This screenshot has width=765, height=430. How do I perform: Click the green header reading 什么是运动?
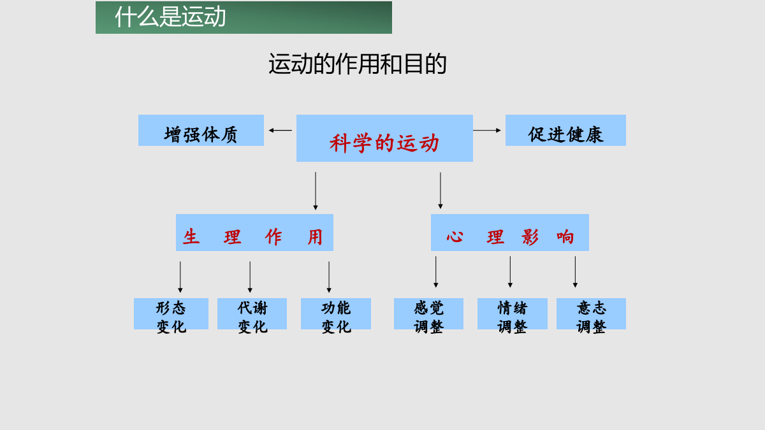point(244,17)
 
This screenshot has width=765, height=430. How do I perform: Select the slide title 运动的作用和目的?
point(358,64)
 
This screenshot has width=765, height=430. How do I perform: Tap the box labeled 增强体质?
point(201,131)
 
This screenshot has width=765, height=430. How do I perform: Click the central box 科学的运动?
point(384,138)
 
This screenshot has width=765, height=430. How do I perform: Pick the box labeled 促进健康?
point(565,131)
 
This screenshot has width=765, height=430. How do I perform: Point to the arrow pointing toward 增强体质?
point(280,131)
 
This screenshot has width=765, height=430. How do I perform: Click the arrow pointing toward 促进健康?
point(487,131)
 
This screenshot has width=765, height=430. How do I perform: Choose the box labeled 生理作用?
point(254,233)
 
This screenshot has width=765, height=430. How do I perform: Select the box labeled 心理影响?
point(510,233)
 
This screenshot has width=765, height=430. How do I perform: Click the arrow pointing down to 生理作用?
point(316,190)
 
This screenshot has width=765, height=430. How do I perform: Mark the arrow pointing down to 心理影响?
point(441,190)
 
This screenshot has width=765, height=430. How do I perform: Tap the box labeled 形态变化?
point(171,313)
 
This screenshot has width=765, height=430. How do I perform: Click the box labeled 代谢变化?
point(252,313)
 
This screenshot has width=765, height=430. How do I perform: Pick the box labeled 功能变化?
point(336,313)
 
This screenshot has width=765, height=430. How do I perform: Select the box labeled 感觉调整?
point(428,313)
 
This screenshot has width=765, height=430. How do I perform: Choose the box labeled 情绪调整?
point(513,313)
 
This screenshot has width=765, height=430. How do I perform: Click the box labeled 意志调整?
point(591,313)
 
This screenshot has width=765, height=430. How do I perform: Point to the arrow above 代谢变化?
point(250,277)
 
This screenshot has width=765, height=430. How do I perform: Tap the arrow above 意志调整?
point(575,272)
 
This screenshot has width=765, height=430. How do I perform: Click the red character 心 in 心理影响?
point(455,236)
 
